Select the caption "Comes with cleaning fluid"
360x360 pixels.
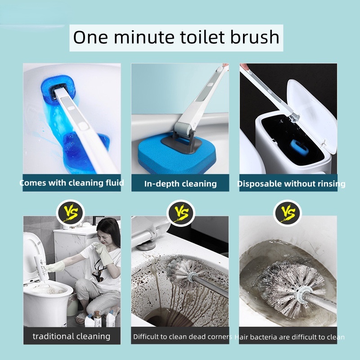pyautogui.click(x=72, y=183)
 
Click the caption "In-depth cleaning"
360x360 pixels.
pyautogui.click(x=180, y=184)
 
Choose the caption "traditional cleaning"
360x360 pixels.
pyautogui.click(x=72, y=336)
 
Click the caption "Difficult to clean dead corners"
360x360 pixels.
pyautogui.click(x=183, y=337)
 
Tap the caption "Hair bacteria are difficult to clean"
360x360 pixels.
pyautogui.click(x=289, y=337)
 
